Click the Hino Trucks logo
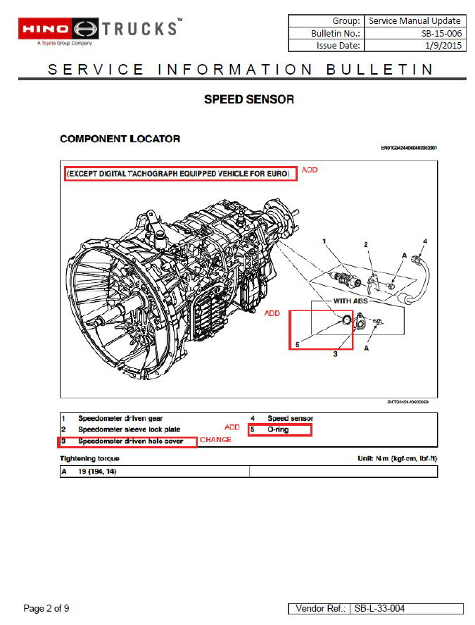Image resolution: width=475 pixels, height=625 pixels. [99, 30]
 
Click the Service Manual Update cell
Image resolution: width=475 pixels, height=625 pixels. [414, 21]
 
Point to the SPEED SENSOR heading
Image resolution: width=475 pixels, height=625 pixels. [248, 99]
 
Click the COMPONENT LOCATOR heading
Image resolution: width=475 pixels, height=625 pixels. [120, 139]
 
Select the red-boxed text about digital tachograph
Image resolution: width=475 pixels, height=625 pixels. [180, 174]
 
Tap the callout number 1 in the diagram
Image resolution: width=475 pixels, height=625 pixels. [324, 242]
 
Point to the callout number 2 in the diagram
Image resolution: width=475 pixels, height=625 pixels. [365, 245]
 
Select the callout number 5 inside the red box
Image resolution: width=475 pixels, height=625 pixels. [296, 345]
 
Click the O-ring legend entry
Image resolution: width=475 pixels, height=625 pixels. [278, 429]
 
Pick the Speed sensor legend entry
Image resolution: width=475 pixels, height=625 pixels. [290, 418]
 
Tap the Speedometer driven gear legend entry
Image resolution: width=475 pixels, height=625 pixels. [120, 418]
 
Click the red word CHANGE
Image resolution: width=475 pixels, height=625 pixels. [215, 440]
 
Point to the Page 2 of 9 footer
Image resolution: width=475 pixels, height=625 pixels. [46, 608]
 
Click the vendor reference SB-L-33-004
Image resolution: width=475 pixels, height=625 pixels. [379, 608]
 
